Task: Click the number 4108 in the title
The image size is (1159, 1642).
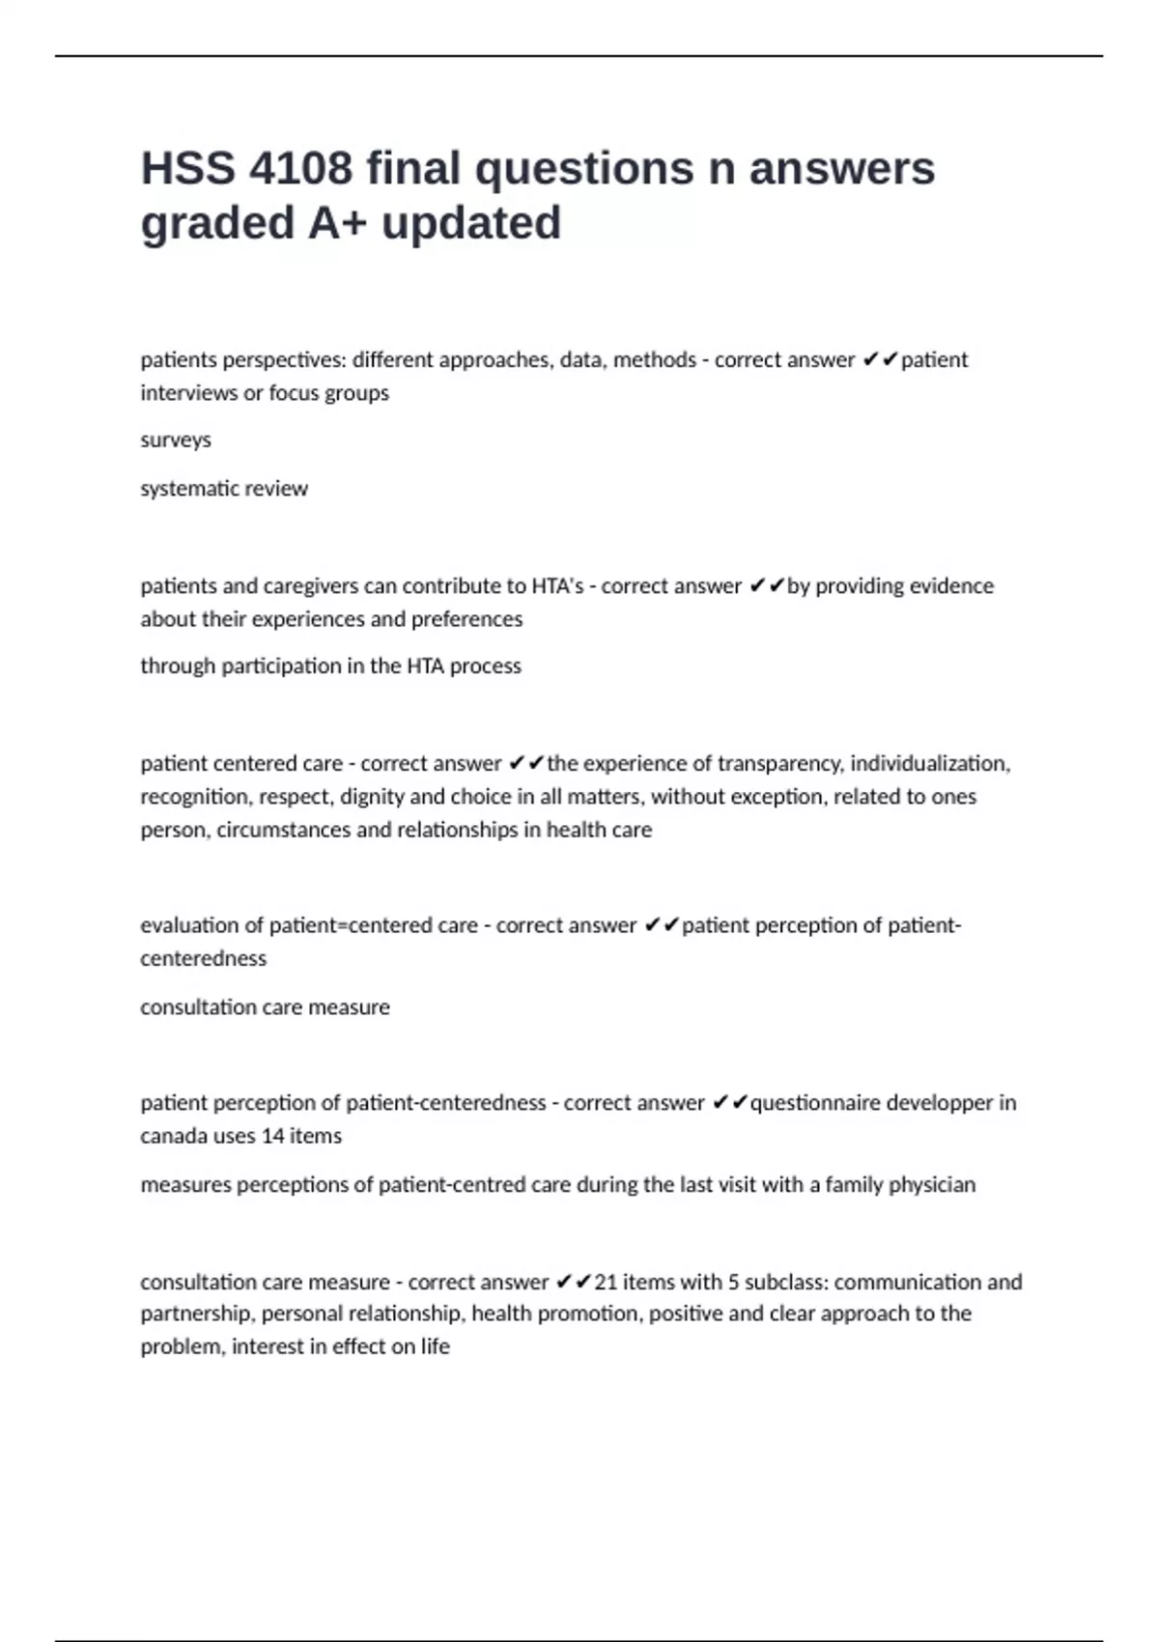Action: pyautogui.click(x=300, y=169)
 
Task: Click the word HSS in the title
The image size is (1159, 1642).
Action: pyautogui.click(x=187, y=169)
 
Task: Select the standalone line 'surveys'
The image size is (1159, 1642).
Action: pyautogui.click(x=176, y=440)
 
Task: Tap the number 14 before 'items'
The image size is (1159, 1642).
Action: pyautogui.click(x=273, y=1136)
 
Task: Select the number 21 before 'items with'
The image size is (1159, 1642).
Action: pyautogui.click(x=606, y=1283)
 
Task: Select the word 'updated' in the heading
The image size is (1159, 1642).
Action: pyautogui.click(x=471, y=223)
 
